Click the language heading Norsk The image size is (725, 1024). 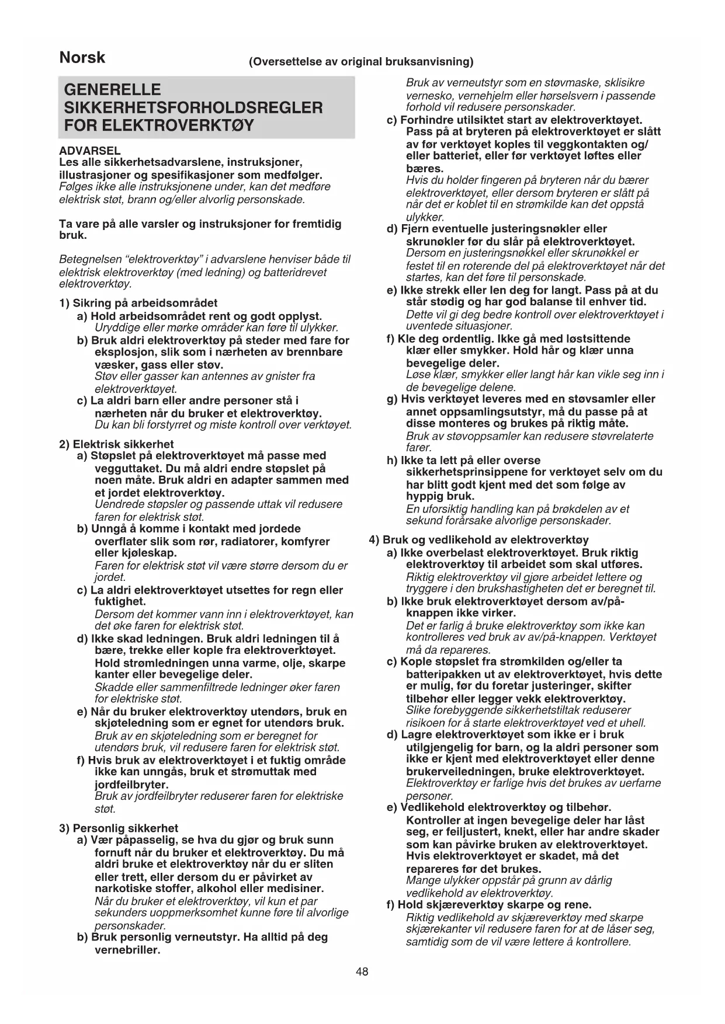coord(82,58)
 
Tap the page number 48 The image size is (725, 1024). coord(362,971)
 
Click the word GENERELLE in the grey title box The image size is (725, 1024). coord(112,90)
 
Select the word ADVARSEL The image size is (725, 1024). coord(90,151)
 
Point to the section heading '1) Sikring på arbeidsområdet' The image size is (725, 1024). coord(138,303)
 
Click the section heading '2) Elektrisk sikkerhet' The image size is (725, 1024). coord(116,444)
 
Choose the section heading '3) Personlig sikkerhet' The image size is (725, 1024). coord(119,828)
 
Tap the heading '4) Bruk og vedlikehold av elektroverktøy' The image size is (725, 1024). coord(478,540)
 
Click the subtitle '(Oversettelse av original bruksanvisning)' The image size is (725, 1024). coord(361,62)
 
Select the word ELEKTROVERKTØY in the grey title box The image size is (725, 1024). coord(159,126)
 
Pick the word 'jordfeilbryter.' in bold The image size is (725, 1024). coord(131,785)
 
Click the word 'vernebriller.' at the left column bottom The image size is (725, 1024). coord(127,950)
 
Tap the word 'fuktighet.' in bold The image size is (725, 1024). coord(120,601)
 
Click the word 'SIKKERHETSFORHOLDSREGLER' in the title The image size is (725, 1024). coord(193,107)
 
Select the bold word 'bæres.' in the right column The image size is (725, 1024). coord(425,169)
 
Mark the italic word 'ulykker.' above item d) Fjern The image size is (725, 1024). coord(425,217)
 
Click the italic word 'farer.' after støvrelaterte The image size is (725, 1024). coord(418,448)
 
